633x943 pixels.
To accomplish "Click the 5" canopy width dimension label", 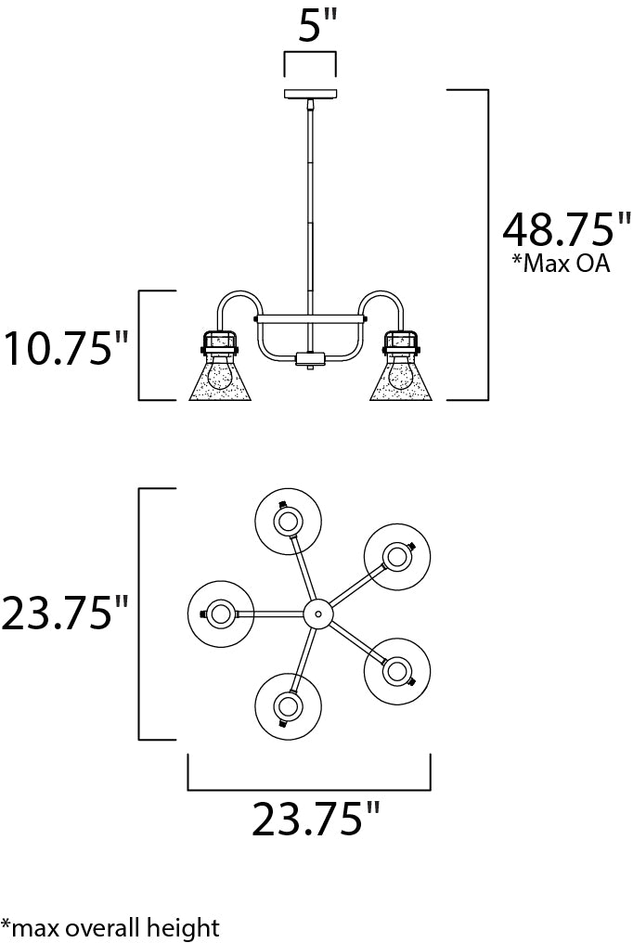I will click(309, 26).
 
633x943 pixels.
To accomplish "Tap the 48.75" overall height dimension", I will click(566, 228).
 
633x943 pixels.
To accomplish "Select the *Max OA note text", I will click(560, 263).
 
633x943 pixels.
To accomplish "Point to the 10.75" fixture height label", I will click(65, 348).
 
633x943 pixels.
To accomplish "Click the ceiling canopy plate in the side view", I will click(310, 94).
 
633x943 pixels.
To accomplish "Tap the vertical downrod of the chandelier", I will click(310, 204).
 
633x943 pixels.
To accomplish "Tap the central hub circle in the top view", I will click(318, 614).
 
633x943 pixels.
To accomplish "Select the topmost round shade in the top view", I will click(288, 520).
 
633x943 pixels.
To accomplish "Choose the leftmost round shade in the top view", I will click(221, 614).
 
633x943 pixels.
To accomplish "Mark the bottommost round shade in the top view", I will click(287, 707).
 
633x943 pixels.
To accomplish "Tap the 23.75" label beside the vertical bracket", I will click(65, 614).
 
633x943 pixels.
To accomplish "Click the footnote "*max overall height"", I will click(110, 926).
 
